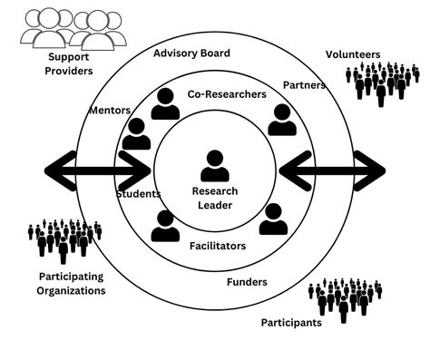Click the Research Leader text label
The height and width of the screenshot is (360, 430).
(x=214, y=198)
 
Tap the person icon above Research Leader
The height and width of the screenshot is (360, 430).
(x=215, y=167)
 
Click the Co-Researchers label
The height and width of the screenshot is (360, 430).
(x=227, y=93)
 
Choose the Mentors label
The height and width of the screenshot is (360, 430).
(x=110, y=111)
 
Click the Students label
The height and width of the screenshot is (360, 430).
(x=138, y=194)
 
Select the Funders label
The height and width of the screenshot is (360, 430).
(x=245, y=282)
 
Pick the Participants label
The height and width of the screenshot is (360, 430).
(x=291, y=323)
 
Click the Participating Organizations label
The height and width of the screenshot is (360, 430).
(x=72, y=283)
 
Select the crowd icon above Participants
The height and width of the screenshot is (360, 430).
(x=345, y=297)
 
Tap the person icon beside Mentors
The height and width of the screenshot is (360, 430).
(x=137, y=134)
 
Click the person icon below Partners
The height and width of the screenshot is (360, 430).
(x=280, y=120)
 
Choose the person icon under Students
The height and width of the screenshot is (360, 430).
(x=165, y=226)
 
